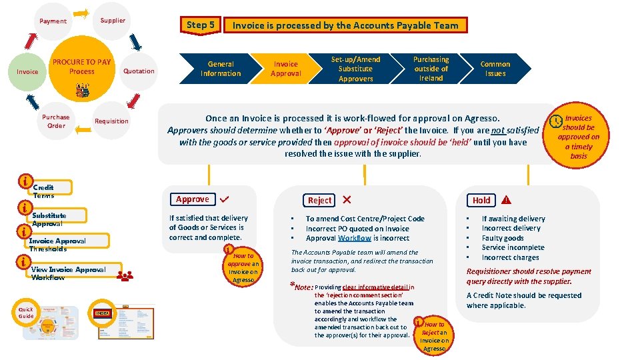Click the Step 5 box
click(201, 25)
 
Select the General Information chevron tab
click(220, 69)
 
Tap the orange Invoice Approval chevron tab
click(286, 69)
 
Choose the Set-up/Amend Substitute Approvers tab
click(355, 69)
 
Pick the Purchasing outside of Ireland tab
click(431, 69)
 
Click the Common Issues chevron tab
click(495, 69)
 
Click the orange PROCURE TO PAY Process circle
click(82, 67)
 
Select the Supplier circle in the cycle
click(113, 21)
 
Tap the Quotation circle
click(139, 71)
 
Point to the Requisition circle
click(111, 121)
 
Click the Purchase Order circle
click(56, 121)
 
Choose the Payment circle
click(53, 21)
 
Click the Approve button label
click(193, 199)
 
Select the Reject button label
click(319, 200)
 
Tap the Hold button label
click(481, 200)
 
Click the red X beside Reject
click(347, 199)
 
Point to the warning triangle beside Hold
click(507, 200)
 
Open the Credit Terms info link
click(43, 191)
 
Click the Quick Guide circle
click(26, 313)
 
